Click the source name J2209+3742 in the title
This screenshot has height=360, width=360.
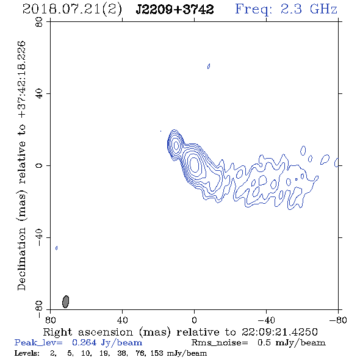pyautogui.click(x=175, y=9)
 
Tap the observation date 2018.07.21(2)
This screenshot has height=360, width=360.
pyautogui.click(x=72, y=10)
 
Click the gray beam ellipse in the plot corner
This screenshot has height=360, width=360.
pyautogui.click(x=66, y=301)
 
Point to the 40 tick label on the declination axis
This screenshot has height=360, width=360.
pyautogui.click(x=39, y=94)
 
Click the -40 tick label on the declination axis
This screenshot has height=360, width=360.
pyautogui.click(x=39, y=237)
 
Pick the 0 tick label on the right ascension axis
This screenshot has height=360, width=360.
pyautogui.click(x=194, y=320)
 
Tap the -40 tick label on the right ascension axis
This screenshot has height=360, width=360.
pyautogui.click(x=266, y=320)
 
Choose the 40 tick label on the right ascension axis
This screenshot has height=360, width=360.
pyautogui.click(x=122, y=320)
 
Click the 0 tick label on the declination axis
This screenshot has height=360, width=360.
pyautogui.click(x=39, y=165)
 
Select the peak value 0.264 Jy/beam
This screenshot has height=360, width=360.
pyautogui.click(x=107, y=342)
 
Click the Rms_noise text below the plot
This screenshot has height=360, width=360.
pyautogui.click(x=220, y=343)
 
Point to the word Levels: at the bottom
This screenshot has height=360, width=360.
pyautogui.click(x=27, y=353)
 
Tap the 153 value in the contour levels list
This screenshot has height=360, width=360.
pyautogui.click(x=157, y=353)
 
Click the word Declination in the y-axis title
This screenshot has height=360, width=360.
pyautogui.click(x=21, y=259)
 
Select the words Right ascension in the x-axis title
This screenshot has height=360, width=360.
pyautogui.click(x=88, y=332)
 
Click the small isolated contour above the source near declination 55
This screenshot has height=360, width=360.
pyautogui.click(x=209, y=66)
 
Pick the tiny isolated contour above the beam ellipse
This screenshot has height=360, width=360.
pyautogui.click(x=57, y=248)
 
